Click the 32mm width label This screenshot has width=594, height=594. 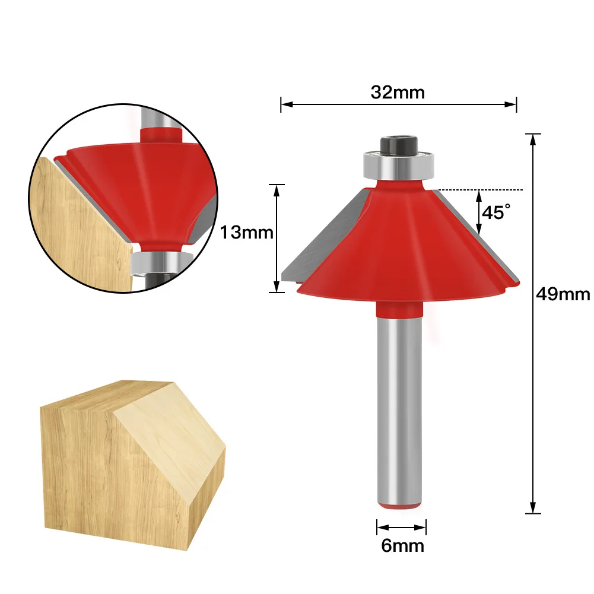pos(398,93)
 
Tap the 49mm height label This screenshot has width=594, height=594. pos(563,294)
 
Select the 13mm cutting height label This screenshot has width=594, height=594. pos(246,232)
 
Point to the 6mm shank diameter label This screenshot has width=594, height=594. pos(402,546)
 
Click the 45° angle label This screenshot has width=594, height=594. pos(496,212)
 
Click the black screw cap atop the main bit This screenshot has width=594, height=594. pos(399,145)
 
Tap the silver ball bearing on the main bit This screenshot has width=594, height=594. pos(399,165)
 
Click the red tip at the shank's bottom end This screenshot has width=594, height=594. pos(400,506)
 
